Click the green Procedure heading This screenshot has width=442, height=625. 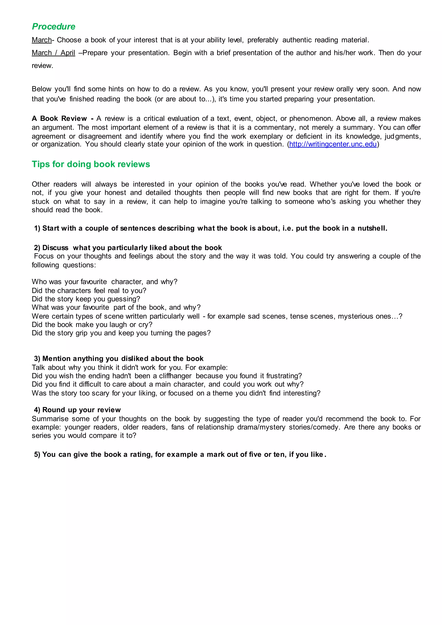tap(54, 26)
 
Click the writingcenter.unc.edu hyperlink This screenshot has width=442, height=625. tap(333, 144)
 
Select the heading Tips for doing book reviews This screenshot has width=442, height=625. tap(91, 164)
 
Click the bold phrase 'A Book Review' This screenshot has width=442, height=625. tap(59, 118)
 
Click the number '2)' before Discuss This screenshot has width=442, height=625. tap(37, 248)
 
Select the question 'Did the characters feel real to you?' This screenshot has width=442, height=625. tap(89, 290)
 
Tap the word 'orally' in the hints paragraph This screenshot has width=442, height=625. tap(345, 89)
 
